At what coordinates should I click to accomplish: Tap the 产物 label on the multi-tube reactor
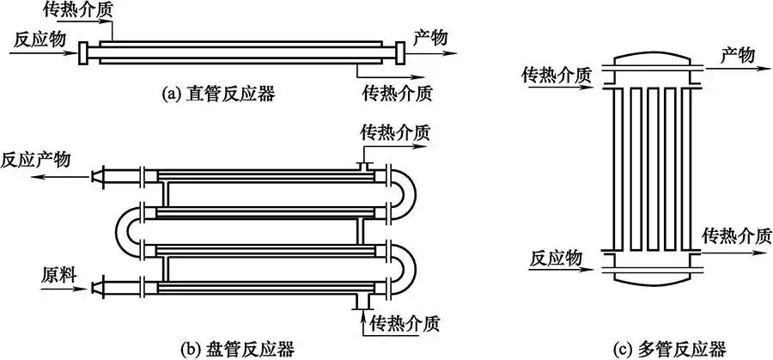(x=736, y=55)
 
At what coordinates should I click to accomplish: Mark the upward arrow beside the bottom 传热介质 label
(x=360, y=317)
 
